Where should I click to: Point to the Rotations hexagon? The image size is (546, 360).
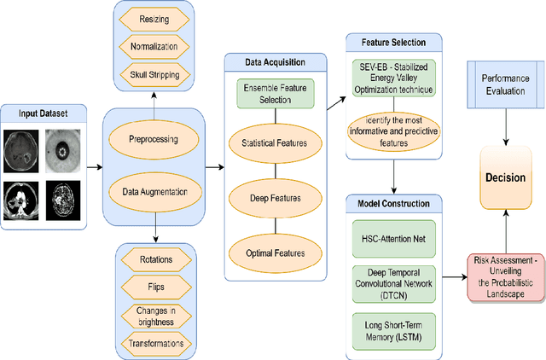pyautogui.click(x=155, y=259)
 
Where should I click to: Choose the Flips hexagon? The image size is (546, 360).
pyautogui.click(x=155, y=286)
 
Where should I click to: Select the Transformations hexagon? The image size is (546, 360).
pyautogui.click(x=155, y=343)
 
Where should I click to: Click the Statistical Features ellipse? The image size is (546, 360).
pyautogui.click(x=276, y=144)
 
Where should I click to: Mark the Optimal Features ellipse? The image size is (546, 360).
pyautogui.click(x=276, y=253)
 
